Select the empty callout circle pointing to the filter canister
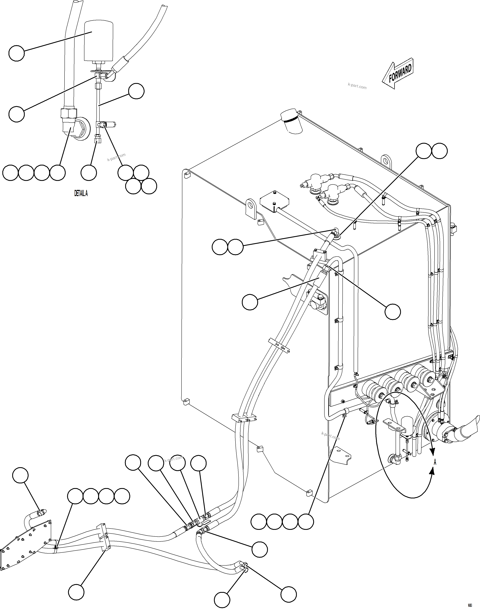pyautogui.click(x=17, y=53)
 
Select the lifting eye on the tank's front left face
pyautogui.click(x=251, y=208)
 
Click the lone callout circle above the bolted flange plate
pyautogui.click(x=21, y=476)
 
